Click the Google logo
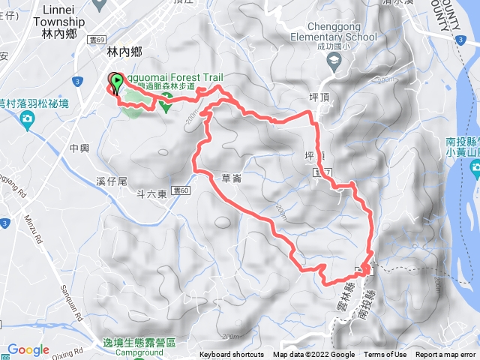pyautogui.click(x=28, y=349)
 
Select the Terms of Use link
pyautogui.click(x=385, y=355)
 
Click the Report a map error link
pyautogui.click(x=445, y=355)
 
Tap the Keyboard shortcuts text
pyautogui.click(x=232, y=355)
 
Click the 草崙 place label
pyautogui.click(x=232, y=178)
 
